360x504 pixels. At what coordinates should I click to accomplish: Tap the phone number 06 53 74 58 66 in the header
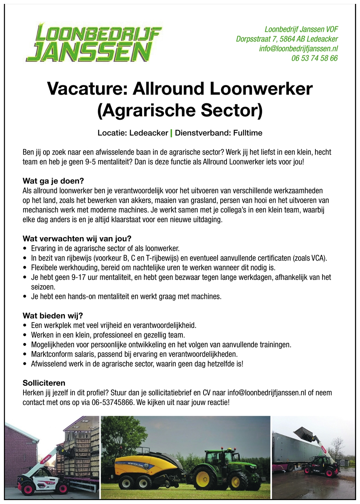(x=314, y=59)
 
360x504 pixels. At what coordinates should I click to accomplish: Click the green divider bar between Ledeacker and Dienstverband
(x=171, y=133)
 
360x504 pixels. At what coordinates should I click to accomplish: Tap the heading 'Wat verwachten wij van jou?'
(x=77, y=238)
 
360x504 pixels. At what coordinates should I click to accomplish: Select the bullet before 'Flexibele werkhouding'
(x=25, y=268)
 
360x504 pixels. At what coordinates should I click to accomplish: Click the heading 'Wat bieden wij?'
(x=53, y=315)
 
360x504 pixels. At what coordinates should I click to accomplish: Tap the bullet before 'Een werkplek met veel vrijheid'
(x=25, y=326)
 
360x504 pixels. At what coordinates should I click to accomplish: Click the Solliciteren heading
(x=44, y=383)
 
